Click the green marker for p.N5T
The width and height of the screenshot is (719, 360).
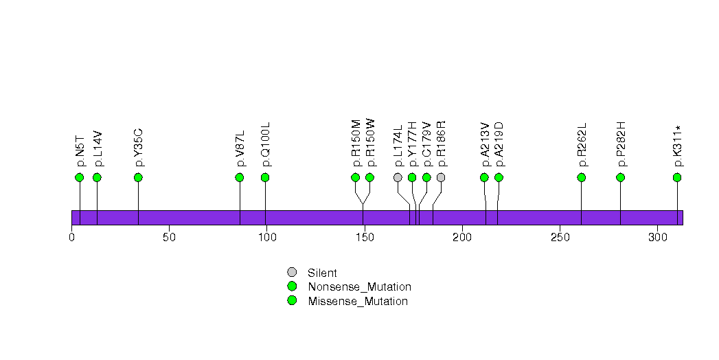[79, 177]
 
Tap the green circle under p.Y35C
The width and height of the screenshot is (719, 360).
[138, 177]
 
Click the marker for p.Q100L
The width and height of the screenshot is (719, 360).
[265, 177]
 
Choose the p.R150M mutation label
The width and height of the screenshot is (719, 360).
[356, 144]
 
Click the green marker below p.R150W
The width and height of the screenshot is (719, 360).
[369, 177]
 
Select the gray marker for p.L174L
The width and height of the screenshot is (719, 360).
[398, 177]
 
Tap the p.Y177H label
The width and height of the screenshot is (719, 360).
[412, 144]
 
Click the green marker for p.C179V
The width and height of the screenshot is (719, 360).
[426, 177]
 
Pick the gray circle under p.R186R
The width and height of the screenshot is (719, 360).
[441, 177]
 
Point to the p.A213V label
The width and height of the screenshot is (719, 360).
[485, 144]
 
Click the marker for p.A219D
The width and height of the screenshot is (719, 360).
[499, 177]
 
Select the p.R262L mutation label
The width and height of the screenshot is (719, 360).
[582, 145]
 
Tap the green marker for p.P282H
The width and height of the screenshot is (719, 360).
[621, 177]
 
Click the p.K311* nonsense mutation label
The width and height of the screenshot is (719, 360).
[678, 146]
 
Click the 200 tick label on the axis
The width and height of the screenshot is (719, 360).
[462, 238]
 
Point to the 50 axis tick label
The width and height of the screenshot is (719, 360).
[170, 238]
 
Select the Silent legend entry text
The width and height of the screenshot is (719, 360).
[322, 273]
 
